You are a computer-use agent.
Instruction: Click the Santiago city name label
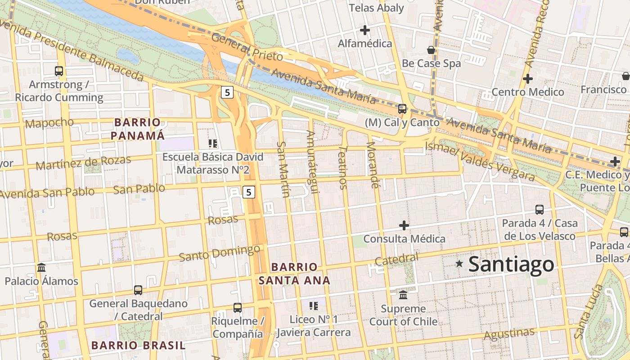pos(511,264)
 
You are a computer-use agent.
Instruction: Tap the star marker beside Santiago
pos(459,264)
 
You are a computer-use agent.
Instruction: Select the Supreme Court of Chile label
pos(403,315)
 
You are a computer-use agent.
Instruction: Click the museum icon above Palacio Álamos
pos(41,268)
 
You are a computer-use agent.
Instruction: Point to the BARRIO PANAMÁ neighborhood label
pos(137,129)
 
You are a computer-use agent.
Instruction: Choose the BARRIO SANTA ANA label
pos(294,274)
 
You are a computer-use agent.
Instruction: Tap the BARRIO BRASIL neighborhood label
pos(138,346)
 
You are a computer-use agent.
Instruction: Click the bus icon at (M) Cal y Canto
pos(402,109)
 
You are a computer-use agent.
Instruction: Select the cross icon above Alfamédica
pos(365,30)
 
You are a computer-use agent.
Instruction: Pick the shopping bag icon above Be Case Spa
pos(431,50)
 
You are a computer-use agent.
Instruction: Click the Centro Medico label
pos(527,92)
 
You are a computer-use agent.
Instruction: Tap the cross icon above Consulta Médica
pos(404,225)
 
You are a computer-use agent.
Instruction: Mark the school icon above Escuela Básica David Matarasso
pos(213,144)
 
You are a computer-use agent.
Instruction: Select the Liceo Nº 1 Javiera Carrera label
pos(314,326)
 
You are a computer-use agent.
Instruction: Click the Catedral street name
pos(396,259)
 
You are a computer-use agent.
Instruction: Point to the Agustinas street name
pos(509,334)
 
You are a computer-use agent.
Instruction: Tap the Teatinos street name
pos(343,167)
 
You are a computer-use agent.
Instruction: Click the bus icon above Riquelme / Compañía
pos(238,308)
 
